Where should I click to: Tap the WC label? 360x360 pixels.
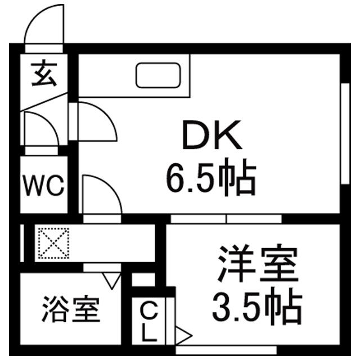pos(44,186)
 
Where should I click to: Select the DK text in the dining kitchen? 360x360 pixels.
pos(211,137)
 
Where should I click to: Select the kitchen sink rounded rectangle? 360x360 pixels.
pos(159,75)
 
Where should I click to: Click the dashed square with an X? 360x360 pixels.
pos(52,244)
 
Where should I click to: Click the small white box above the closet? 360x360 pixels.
pos(143,280)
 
